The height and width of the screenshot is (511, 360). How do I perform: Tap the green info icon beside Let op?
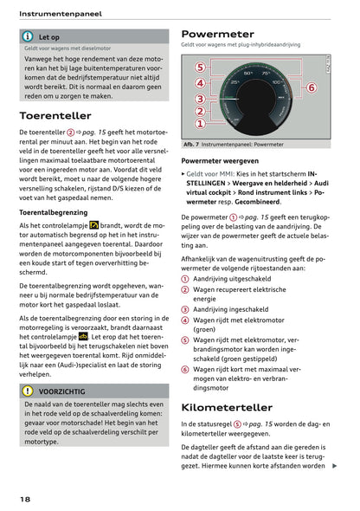(x=29, y=37)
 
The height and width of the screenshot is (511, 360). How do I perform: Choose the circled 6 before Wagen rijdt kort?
(x=185, y=369)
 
